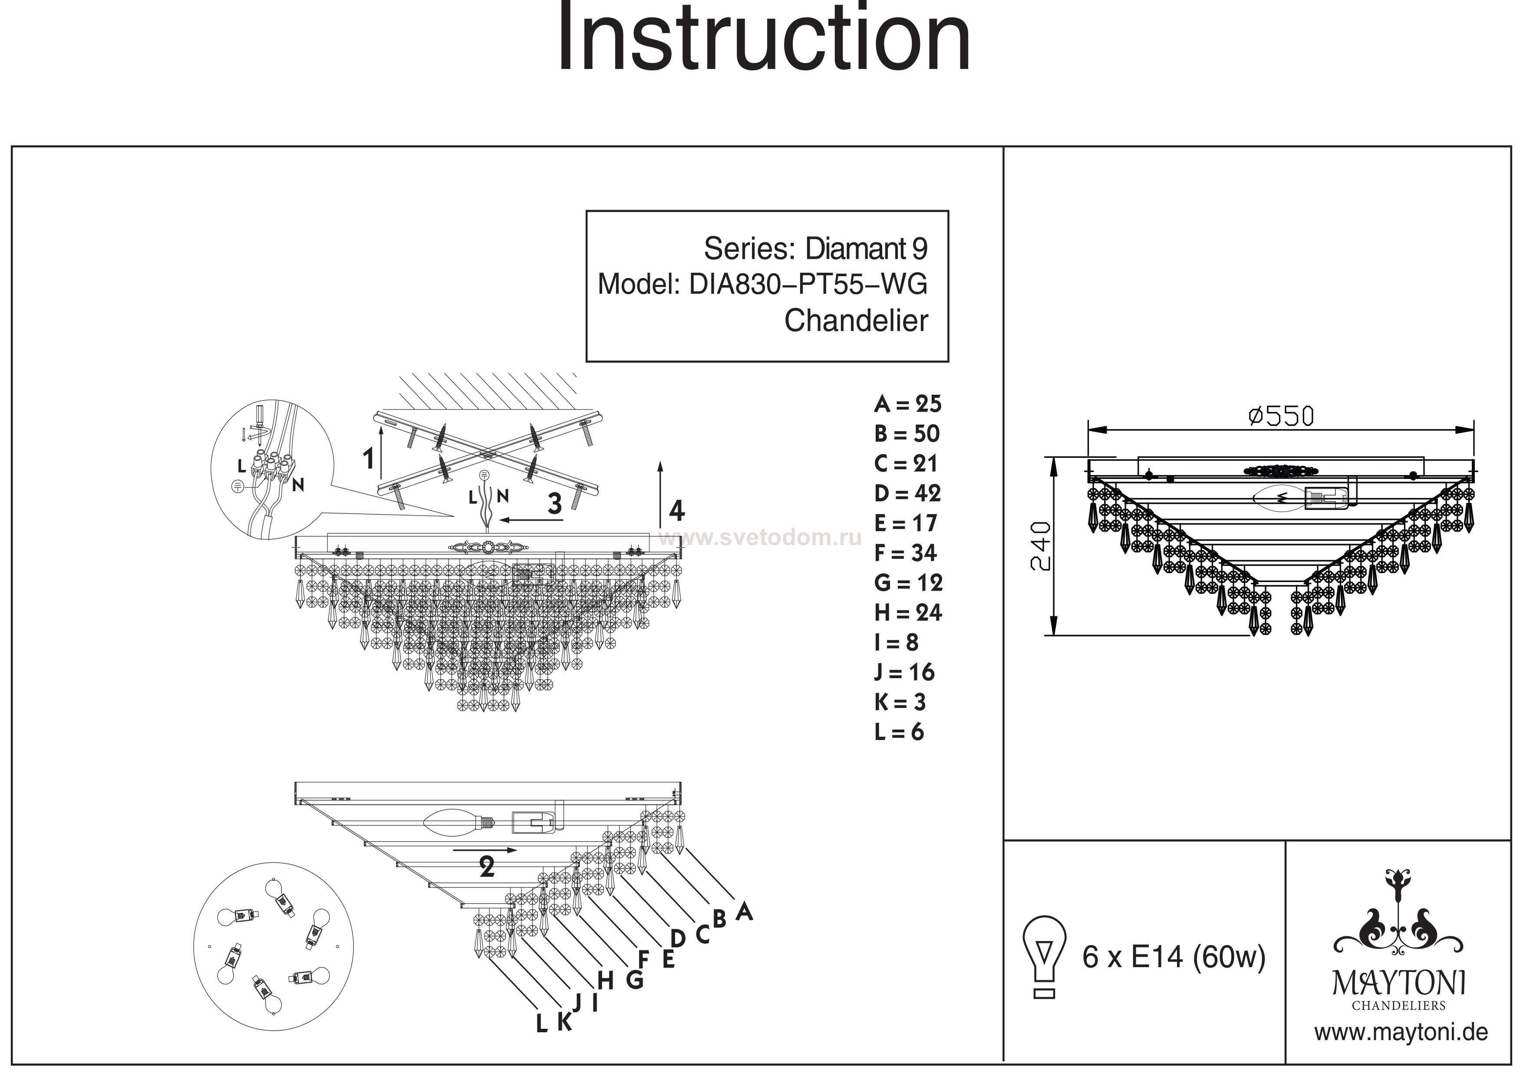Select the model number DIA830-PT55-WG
point(808,285)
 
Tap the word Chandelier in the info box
point(856,321)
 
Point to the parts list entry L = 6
point(899,732)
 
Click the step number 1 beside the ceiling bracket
point(369,459)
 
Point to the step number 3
point(554,504)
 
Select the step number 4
point(676,511)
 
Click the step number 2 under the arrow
point(487,867)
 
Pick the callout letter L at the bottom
point(542,1024)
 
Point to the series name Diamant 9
point(866,249)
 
